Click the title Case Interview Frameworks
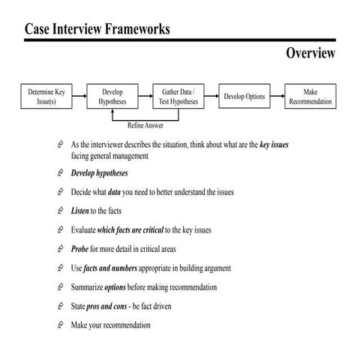97,29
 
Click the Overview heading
310,53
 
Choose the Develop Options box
244,97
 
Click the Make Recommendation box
311,96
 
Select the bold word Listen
81,211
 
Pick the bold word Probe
81,249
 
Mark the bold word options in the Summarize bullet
115,287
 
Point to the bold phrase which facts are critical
130,230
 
